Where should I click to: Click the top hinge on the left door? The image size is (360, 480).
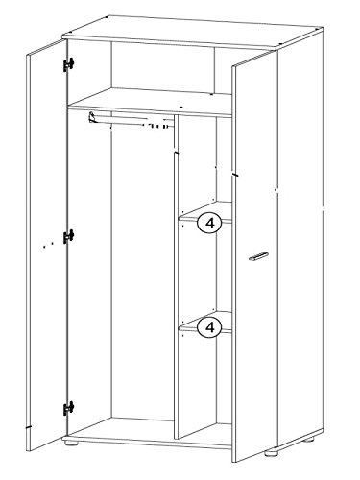[68, 64]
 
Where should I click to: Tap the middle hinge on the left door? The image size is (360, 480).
[68, 236]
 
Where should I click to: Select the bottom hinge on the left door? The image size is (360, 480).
[68, 408]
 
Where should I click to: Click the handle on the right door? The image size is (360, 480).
[258, 256]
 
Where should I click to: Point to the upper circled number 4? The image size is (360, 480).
[209, 223]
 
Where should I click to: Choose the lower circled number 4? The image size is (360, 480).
[209, 327]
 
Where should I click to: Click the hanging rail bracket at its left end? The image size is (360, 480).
[92, 117]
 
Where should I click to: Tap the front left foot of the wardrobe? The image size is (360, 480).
[71, 444]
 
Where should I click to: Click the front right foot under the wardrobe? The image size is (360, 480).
[272, 453]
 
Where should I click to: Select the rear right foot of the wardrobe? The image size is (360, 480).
[309, 440]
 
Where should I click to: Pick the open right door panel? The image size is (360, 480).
[253, 256]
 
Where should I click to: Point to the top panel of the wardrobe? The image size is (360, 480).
[193, 32]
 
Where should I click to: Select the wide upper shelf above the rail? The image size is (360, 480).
[150, 103]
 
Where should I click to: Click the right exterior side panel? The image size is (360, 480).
[300, 237]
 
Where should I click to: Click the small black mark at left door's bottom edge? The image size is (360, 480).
[29, 427]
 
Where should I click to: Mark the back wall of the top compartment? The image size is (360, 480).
[162, 67]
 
